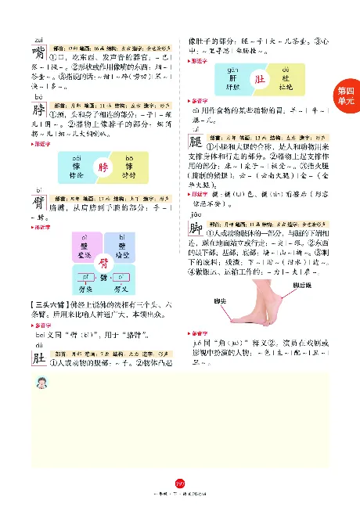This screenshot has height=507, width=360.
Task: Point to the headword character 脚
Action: [x=196, y=227]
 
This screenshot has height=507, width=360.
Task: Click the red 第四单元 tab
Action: [x=344, y=97]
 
